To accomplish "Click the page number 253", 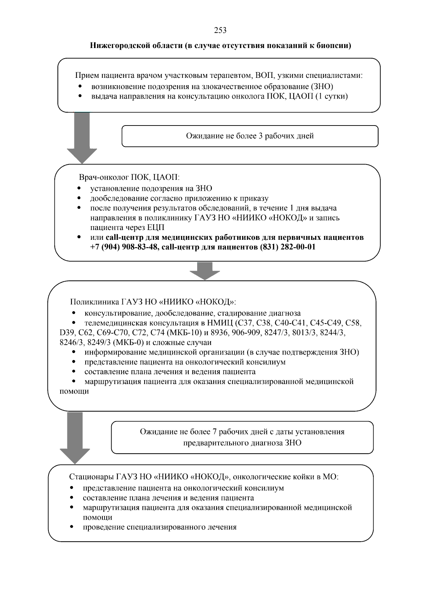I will (220, 31).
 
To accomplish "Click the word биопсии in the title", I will (334, 46).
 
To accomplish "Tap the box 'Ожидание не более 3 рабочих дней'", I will (250, 136).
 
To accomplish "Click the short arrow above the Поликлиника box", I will (205, 271).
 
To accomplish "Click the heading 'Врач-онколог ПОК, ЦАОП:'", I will (129, 177).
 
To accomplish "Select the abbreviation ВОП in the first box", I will (265, 75).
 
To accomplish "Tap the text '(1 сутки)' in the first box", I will (332, 96).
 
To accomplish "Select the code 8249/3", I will (99, 342).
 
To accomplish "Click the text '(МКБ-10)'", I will (186, 332).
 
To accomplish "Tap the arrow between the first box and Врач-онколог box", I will (82, 138).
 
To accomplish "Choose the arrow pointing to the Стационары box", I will (75, 438).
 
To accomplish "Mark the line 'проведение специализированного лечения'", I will (160, 527).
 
